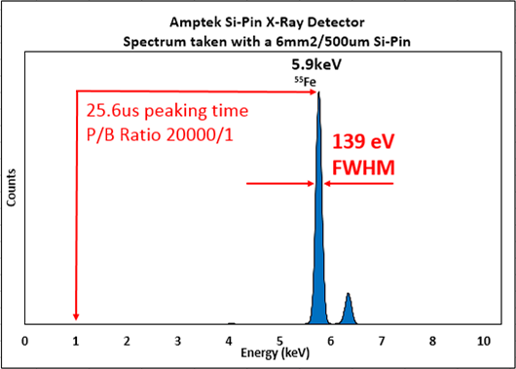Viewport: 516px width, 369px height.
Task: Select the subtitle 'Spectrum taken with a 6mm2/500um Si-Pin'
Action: pyautogui.click(x=258, y=42)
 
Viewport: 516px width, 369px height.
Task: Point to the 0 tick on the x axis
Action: pyautogui.click(x=24, y=341)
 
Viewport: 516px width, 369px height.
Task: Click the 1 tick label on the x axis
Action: pyautogui.click(x=75, y=341)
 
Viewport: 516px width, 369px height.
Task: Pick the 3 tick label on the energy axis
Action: pyautogui.click(x=177, y=341)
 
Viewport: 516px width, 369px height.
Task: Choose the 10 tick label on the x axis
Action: pyautogui.click(x=483, y=341)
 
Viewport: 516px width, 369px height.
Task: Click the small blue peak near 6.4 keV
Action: pyautogui.click(x=348, y=310)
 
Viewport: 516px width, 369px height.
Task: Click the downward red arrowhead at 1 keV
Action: pyautogui.click(x=75, y=315)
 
